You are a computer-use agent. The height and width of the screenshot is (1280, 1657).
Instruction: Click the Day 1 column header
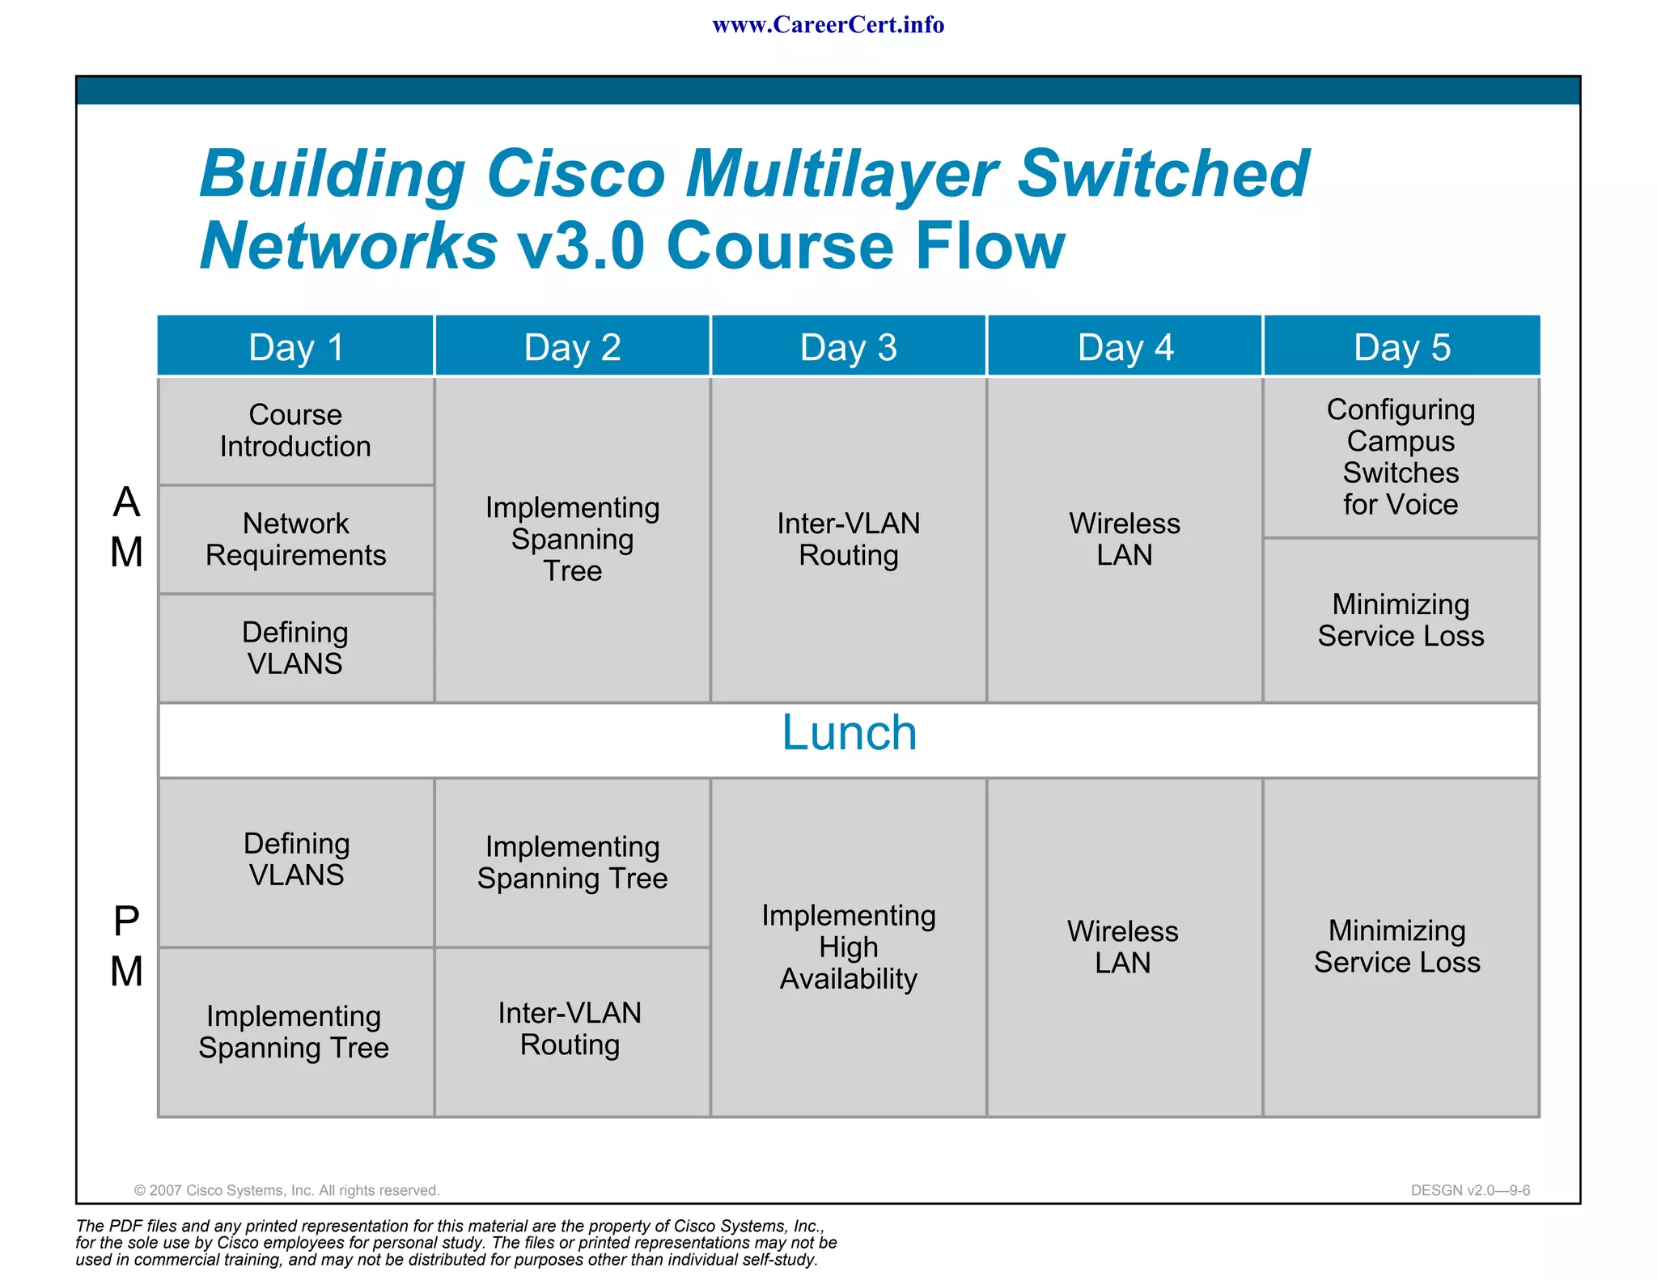click(x=296, y=347)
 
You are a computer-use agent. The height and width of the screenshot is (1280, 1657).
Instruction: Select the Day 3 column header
click(x=848, y=347)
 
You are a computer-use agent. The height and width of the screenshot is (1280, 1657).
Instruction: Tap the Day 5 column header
click(x=1401, y=347)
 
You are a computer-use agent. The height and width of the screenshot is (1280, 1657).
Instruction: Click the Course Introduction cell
click(x=295, y=430)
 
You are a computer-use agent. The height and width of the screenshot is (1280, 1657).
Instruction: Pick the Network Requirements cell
click(x=295, y=539)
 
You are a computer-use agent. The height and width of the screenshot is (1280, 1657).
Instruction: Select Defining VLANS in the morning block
click(x=295, y=647)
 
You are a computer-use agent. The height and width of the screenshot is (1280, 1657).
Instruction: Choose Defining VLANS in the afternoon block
click(x=296, y=859)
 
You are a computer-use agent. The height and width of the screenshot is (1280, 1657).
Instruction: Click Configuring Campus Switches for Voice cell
click(x=1401, y=457)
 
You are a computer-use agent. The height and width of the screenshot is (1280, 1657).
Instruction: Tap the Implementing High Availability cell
click(x=848, y=947)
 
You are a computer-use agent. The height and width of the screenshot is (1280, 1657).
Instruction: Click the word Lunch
click(x=849, y=733)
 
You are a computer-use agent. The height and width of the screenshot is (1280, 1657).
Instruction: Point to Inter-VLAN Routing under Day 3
click(x=848, y=539)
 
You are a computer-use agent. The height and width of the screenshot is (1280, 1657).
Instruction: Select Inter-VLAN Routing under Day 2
click(x=570, y=1028)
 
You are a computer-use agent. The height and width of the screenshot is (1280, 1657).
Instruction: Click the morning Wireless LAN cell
click(x=1124, y=539)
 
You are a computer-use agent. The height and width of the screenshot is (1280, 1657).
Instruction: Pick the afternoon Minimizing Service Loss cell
click(x=1397, y=947)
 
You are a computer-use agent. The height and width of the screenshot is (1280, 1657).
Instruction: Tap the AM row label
click(x=126, y=528)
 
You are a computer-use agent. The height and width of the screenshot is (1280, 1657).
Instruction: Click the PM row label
click(x=126, y=947)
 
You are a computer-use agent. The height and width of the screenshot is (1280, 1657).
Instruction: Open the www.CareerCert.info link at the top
click(x=828, y=25)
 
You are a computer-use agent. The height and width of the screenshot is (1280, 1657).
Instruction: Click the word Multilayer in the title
click(x=841, y=174)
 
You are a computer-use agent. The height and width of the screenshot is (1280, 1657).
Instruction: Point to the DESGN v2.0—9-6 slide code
click(x=1469, y=1190)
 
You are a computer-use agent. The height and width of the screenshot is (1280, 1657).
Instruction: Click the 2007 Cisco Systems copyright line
click(x=286, y=1190)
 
